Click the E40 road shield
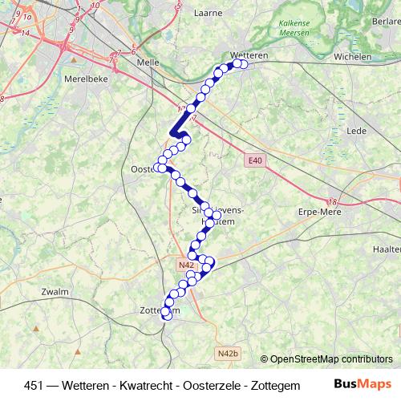[254, 161]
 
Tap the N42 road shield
[187, 265]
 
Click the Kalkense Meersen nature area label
[298, 33]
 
